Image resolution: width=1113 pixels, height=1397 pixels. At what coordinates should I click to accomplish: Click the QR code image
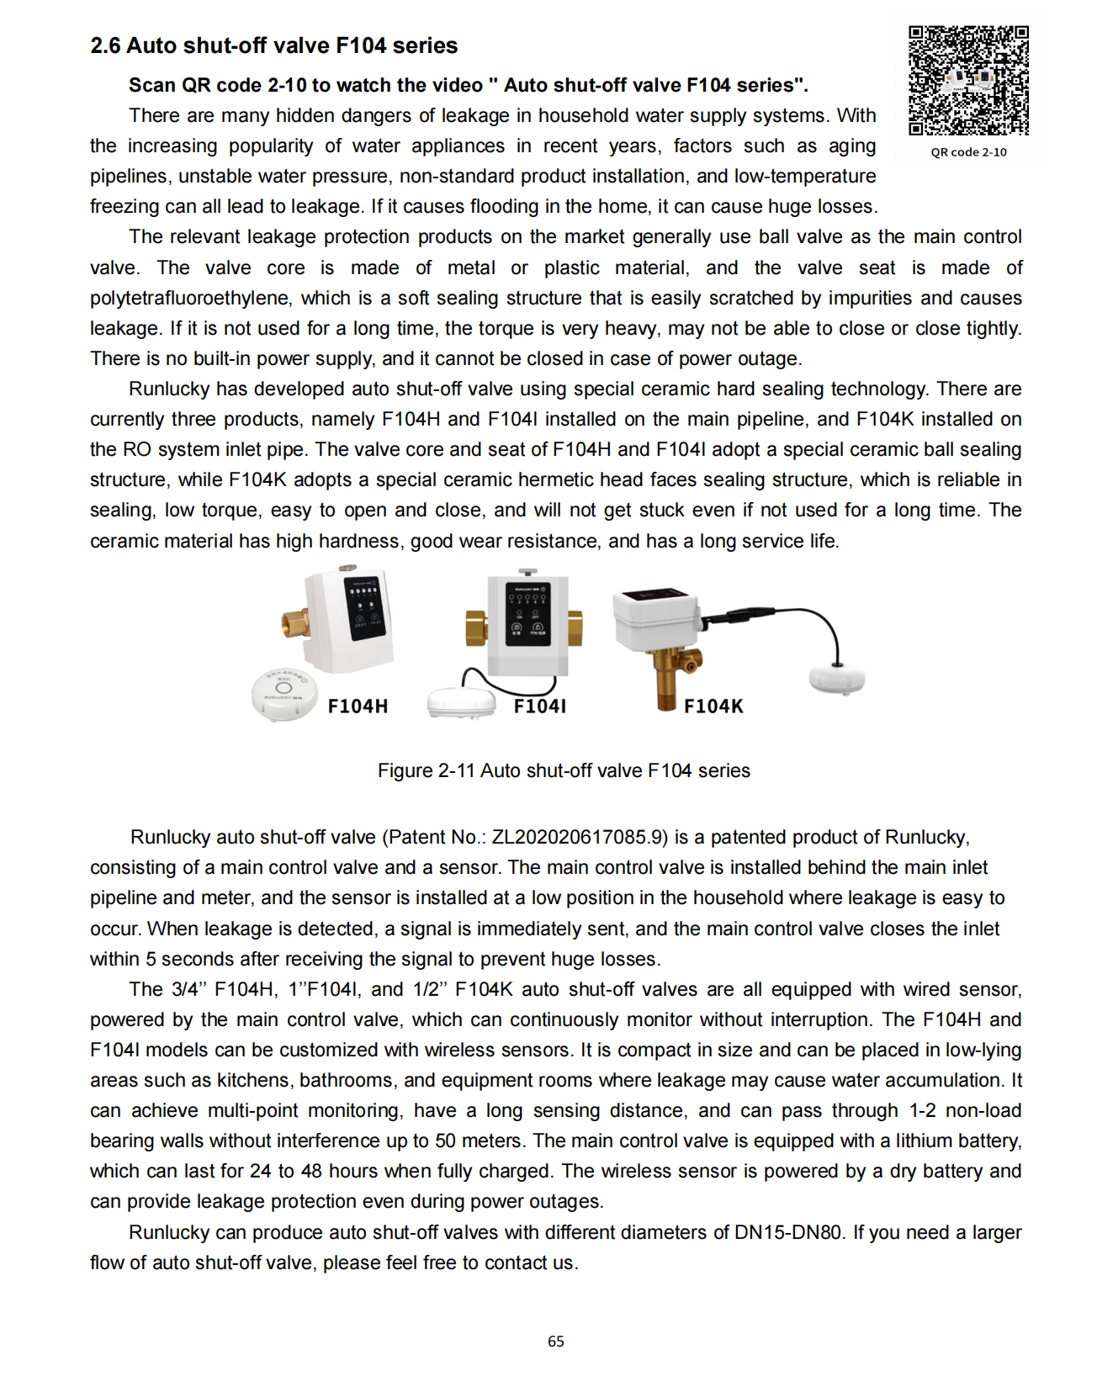tap(967, 81)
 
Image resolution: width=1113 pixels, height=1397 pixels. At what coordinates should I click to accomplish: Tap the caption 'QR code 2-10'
tap(968, 152)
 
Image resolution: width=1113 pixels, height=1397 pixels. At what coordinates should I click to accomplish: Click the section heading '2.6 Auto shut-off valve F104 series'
tap(273, 45)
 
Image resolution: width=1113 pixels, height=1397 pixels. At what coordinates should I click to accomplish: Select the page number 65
tap(556, 1341)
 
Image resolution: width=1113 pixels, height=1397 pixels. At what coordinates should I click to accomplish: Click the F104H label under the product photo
tap(358, 706)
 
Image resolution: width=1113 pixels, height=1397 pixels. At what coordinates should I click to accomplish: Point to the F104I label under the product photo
tap(539, 706)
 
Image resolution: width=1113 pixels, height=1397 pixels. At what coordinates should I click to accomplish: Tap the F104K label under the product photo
tap(713, 706)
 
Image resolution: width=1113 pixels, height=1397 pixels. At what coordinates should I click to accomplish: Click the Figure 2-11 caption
tap(564, 770)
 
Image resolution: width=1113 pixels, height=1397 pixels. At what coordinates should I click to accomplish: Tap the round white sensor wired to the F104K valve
tap(836, 678)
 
